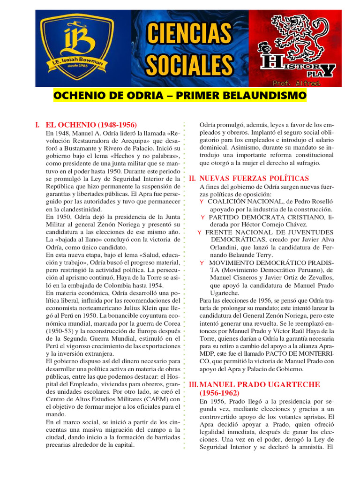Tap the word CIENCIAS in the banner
(189, 34)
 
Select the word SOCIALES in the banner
(189, 64)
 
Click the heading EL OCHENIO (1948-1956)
(91, 125)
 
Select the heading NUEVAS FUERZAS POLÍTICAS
(254, 179)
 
